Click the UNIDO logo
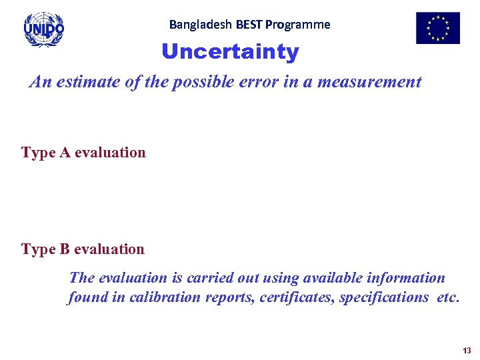pyautogui.click(x=44, y=29)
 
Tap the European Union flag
pyautogui.click(x=437, y=28)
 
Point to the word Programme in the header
pyautogui.click(x=298, y=25)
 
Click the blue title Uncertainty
pyautogui.click(x=230, y=52)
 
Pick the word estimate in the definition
pyautogui.click(x=81, y=82)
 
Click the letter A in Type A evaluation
pyautogui.click(x=65, y=153)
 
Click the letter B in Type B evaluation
pyautogui.click(x=65, y=249)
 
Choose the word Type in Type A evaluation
pyautogui.click(x=39, y=153)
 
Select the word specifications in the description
pyautogui.click(x=383, y=297)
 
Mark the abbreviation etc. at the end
pyautogui.click(x=448, y=297)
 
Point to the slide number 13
pyautogui.click(x=466, y=351)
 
